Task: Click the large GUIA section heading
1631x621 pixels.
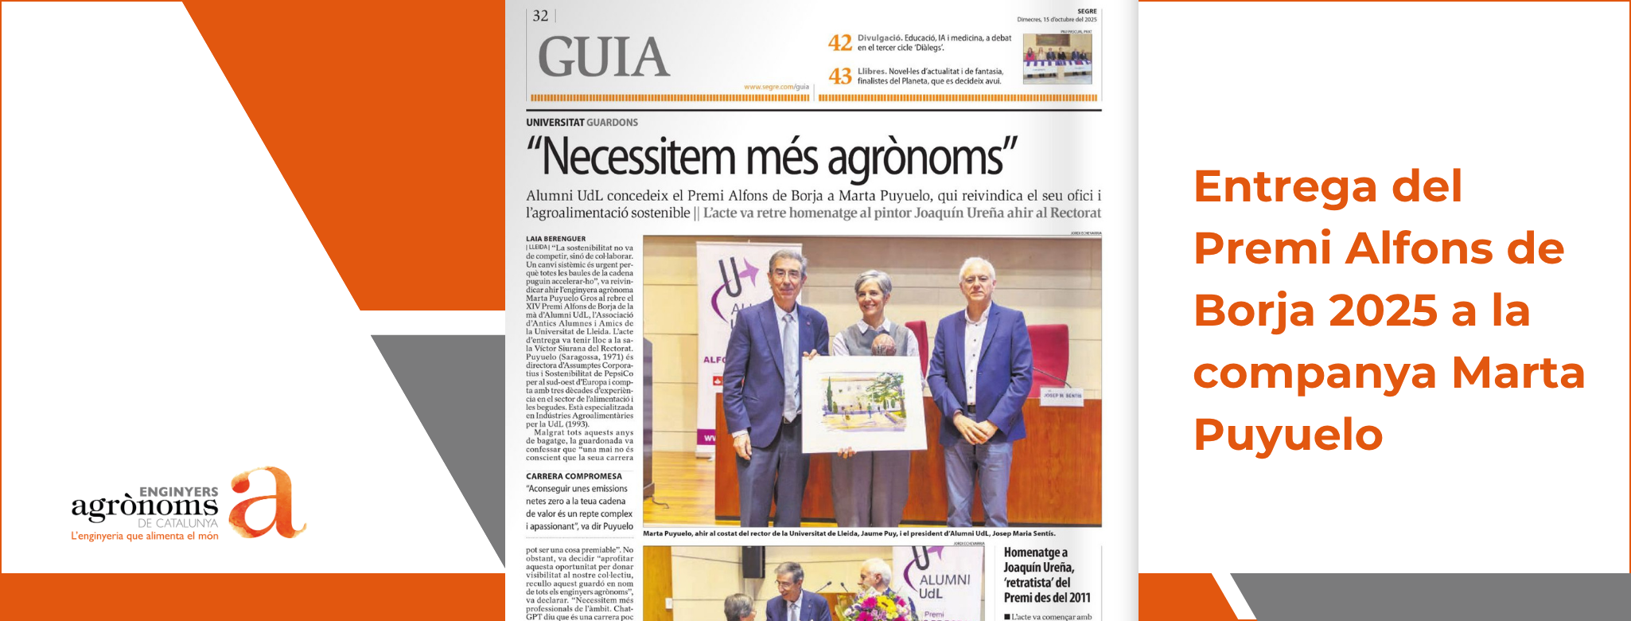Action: point(604,57)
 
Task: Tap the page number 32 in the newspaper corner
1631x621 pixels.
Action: point(540,16)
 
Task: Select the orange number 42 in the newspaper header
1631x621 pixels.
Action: point(839,42)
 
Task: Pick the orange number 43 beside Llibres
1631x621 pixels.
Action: point(839,76)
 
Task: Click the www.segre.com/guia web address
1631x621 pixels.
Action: point(776,87)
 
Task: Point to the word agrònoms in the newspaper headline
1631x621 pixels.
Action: point(921,158)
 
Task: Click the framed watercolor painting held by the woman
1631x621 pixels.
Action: point(862,403)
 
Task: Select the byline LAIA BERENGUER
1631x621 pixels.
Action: point(555,239)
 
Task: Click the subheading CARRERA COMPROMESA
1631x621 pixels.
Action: point(574,476)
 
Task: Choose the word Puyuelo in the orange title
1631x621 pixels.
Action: point(1287,435)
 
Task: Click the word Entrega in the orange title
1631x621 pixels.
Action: point(1284,186)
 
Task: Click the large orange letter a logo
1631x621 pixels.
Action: point(264,503)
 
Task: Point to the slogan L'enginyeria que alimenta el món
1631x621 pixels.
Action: point(144,537)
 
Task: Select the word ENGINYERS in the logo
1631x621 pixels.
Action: point(178,492)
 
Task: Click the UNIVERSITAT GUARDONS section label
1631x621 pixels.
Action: point(582,123)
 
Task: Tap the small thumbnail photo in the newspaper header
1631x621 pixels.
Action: point(1057,58)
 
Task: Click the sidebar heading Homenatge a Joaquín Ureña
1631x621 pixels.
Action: point(1045,574)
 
